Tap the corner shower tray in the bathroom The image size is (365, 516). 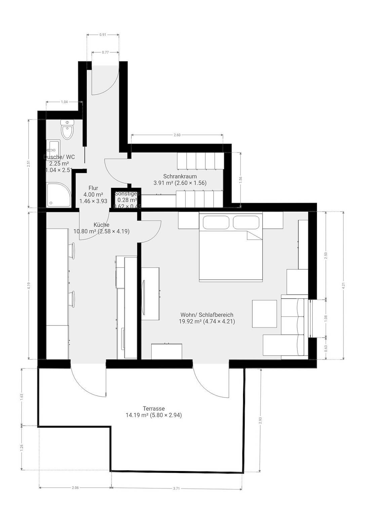coord(59,195)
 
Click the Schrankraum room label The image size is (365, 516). coord(180,176)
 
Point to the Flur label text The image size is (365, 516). coord(93,188)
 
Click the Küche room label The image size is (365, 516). coord(101,225)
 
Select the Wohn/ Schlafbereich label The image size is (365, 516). coord(207,315)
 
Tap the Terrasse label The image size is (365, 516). coord(154,408)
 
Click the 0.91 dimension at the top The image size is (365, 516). coord(103,34)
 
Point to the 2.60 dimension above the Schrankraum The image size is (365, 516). coord(177,135)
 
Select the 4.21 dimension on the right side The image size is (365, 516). coord(343,286)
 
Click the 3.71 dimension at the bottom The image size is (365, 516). coord(176,488)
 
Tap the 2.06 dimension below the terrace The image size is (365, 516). coord(75,488)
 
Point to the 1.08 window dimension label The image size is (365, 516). coord(326,318)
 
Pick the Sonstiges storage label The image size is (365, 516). coord(127,194)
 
